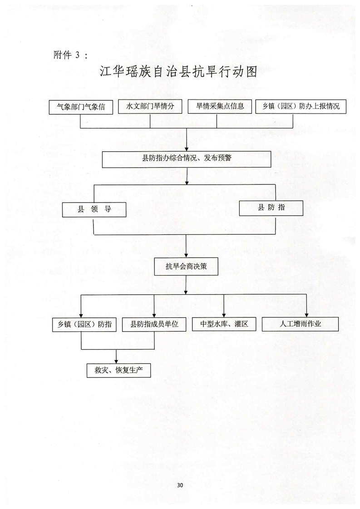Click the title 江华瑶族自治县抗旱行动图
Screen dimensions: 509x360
click(178, 73)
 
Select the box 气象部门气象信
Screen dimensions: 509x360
click(81, 107)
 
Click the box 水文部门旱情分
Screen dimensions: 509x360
click(150, 107)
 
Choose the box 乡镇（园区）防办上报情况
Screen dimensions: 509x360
click(297, 106)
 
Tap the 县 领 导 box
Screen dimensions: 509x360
click(95, 210)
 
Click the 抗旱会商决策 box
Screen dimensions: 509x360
click(187, 267)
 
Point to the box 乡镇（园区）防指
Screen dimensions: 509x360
click(85, 325)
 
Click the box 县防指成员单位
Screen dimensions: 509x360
click(154, 325)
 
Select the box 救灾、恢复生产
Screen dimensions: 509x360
click(118, 370)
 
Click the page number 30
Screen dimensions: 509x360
click(180, 485)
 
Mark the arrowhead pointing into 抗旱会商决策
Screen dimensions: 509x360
click(187, 256)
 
